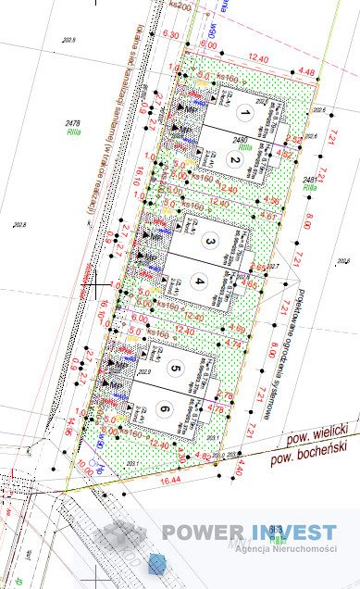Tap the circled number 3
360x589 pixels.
point(210,242)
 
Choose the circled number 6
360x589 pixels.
point(163,409)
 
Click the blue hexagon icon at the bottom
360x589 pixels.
point(157,562)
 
